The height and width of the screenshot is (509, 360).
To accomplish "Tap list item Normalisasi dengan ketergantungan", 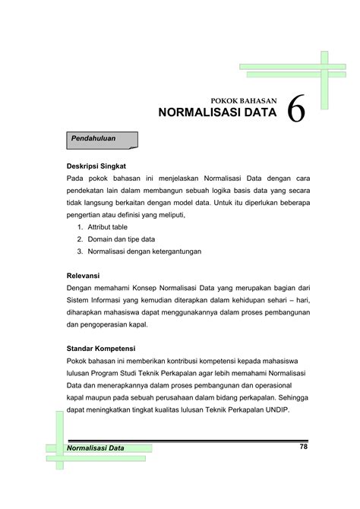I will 145,251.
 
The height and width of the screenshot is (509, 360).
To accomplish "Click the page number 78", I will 303,447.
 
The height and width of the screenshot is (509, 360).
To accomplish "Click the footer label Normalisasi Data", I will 97,448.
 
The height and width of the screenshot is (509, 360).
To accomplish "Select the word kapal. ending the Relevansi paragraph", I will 139,324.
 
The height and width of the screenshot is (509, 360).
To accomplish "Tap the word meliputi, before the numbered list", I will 169,214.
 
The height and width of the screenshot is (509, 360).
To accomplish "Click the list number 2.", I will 80,239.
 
